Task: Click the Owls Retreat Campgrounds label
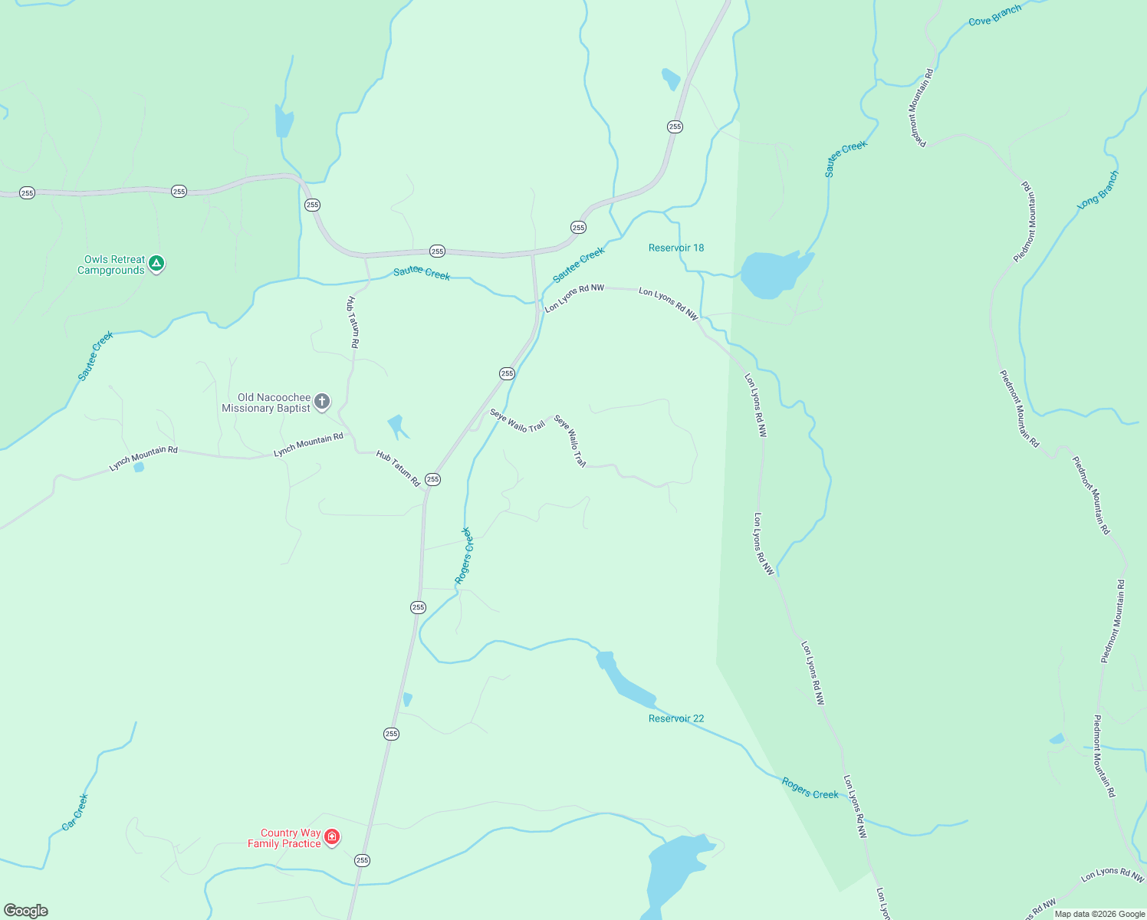[111, 265]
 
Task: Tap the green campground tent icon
[156, 264]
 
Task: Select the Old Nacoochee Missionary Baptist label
[266, 403]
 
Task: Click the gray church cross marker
[323, 401]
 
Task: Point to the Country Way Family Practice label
[284, 839]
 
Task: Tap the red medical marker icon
[332, 836]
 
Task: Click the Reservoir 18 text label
[675, 248]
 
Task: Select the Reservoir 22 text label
[675, 719]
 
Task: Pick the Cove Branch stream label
[994, 16]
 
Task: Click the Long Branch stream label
[1098, 190]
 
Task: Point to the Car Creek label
[75, 813]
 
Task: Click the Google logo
[26, 911]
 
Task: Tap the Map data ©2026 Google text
[1099, 914]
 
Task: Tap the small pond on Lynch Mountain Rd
[139, 467]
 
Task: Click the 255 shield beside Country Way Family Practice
[362, 861]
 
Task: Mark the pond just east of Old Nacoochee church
[396, 425]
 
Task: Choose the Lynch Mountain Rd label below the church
[308, 445]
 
